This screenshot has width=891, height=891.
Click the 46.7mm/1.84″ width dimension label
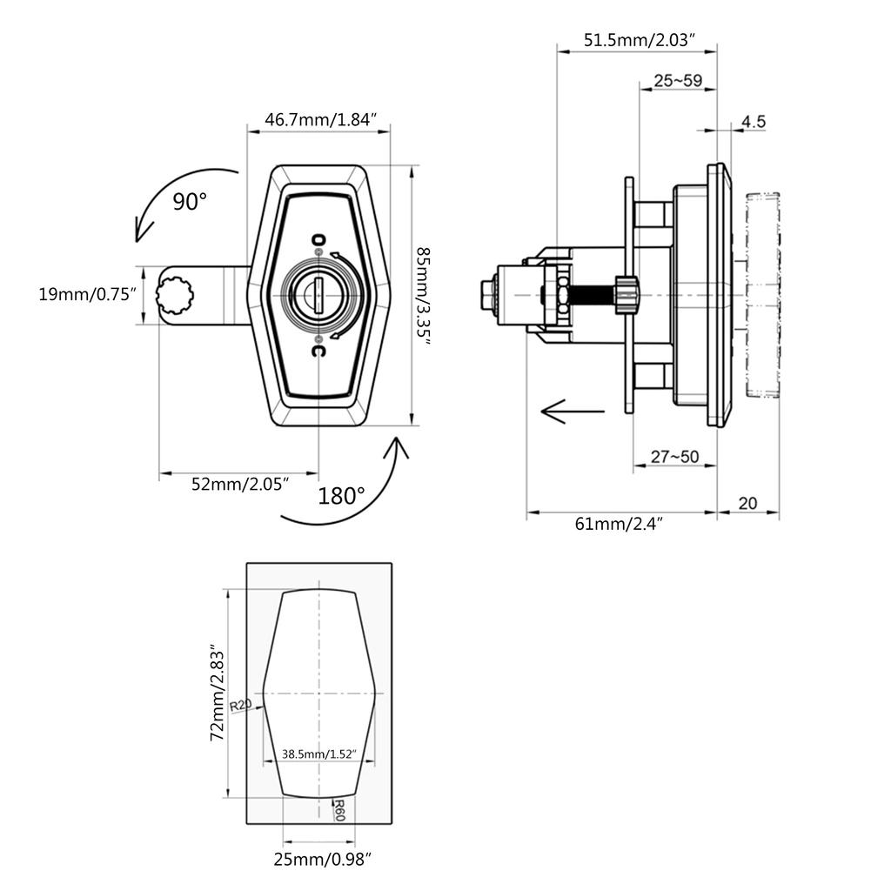tap(321, 120)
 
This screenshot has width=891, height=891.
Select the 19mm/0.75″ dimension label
tap(88, 294)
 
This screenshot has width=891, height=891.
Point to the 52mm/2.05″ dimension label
tap(240, 484)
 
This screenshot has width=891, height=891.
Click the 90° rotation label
tap(190, 202)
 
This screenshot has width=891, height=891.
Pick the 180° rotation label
tap(341, 496)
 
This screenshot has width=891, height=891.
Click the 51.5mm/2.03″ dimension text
tap(640, 40)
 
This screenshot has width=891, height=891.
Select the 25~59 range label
tap(678, 81)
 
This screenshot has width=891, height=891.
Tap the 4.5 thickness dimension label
tap(754, 122)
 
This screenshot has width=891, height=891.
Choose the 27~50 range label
tap(675, 456)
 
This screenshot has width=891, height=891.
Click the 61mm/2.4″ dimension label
tap(619, 523)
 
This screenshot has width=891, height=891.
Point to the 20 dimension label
tap(747, 504)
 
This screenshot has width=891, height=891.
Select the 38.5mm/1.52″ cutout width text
tap(318, 754)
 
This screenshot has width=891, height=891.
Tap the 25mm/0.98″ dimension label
tap(322, 860)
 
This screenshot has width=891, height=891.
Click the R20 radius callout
tap(240, 706)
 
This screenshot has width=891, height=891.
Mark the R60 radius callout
tap(338, 810)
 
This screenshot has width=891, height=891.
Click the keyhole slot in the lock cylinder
tap(318, 295)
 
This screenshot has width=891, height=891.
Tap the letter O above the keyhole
tap(318, 239)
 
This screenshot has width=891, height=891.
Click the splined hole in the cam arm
tap(175, 294)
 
